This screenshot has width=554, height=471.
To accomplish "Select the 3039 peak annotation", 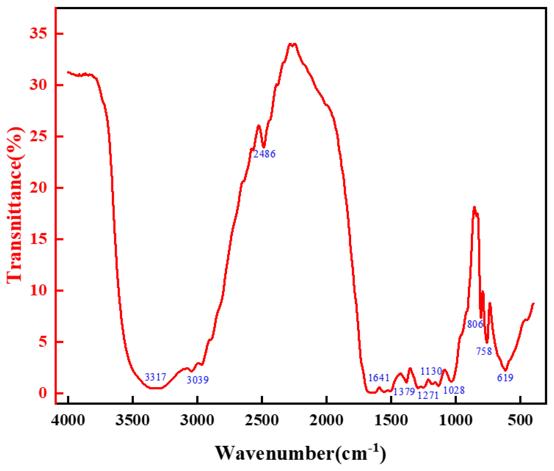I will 197,380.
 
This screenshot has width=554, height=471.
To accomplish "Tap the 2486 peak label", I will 264,154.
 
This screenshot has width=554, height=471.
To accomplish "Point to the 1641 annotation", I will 379,378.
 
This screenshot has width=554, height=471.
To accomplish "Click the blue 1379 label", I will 404,392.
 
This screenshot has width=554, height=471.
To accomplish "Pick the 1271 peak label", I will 428,395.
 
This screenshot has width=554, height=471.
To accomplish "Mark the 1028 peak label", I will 454,390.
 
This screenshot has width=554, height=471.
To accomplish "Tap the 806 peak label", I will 475,324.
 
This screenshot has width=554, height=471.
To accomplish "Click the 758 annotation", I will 484,351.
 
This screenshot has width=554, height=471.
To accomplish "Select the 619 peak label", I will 505,378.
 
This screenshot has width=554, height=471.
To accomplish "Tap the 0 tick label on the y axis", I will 43,393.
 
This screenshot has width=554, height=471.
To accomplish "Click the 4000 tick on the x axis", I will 68,421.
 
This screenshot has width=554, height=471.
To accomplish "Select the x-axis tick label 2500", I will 262,421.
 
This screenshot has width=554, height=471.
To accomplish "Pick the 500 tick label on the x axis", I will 520,421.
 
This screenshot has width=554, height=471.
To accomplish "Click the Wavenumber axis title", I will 300,453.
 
